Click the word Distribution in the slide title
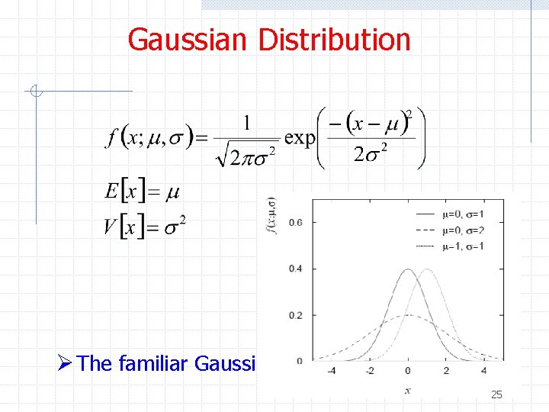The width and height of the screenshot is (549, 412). click(335, 40)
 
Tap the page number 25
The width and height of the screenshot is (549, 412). click(496, 394)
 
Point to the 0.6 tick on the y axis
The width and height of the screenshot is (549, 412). click(295, 222)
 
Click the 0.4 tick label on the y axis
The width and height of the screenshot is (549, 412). click(295, 269)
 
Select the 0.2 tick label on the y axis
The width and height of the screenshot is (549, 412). click(295, 315)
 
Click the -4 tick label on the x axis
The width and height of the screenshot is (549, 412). click(331, 371)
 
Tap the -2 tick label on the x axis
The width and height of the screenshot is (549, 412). click(370, 371)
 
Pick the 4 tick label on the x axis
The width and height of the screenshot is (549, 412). click(485, 371)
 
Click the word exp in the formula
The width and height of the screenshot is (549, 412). click(300, 138)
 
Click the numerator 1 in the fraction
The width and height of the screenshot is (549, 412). click(246, 122)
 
